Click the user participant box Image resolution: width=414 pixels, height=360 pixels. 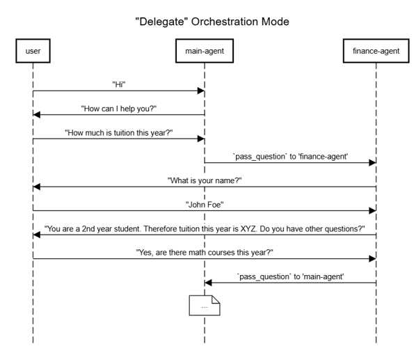point(33,51)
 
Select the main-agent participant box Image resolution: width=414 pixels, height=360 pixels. point(205,51)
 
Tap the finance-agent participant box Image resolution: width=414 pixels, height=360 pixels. point(376,51)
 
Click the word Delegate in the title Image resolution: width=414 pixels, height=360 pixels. point(161,22)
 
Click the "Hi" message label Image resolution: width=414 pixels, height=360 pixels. point(119,84)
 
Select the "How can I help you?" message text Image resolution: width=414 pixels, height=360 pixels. point(119,109)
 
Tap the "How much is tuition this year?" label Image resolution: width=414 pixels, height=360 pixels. point(119,133)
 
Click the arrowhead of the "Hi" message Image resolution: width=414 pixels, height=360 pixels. point(201,91)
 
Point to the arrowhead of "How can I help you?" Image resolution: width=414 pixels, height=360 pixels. point(36,115)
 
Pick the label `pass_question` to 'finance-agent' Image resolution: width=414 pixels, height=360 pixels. point(290,157)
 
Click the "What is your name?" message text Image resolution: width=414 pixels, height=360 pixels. point(205,180)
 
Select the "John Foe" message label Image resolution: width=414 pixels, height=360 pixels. point(205,205)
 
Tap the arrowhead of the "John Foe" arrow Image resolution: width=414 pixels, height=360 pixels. point(372,211)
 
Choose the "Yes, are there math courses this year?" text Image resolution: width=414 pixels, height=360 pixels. point(205,253)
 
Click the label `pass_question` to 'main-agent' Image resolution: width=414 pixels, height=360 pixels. point(290,276)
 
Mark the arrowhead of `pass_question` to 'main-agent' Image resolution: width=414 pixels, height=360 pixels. point(208,283)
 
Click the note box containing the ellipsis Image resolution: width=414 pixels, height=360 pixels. point(205,306)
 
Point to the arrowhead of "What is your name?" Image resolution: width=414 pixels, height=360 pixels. point(36,187)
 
